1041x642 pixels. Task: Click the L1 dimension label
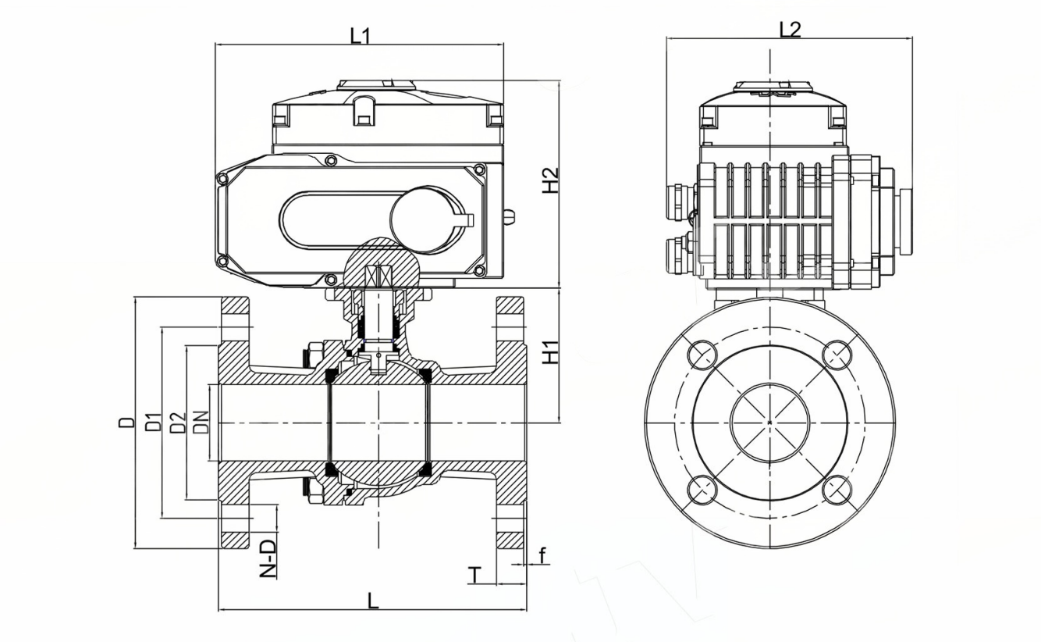coord(360,35)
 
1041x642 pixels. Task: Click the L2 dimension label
coord(790,29)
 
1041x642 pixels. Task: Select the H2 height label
coord(551,180)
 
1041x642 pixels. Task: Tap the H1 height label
coord(551,351)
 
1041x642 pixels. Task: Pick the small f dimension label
coord(542,555)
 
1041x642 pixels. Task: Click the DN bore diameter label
coord(201,422)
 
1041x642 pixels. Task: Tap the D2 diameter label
coord(179,422)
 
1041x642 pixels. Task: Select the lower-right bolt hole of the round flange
coord(837,490)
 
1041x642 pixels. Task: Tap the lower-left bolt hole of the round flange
coord(702,490)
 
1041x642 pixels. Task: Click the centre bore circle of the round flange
coord(769,423)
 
